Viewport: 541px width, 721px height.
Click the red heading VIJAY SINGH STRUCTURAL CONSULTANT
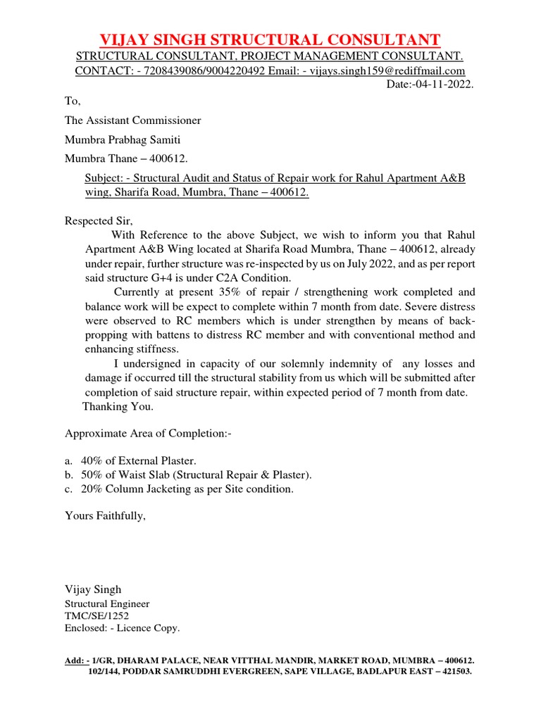click(270, 39)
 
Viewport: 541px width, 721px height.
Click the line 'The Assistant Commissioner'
click(132, 120)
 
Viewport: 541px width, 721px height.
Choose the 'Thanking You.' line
click(117, 407)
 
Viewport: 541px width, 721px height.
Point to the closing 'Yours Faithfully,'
click(105, 516)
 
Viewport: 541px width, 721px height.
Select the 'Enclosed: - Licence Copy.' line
click(122, 627)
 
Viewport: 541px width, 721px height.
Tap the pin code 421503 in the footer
click(452, 672)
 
